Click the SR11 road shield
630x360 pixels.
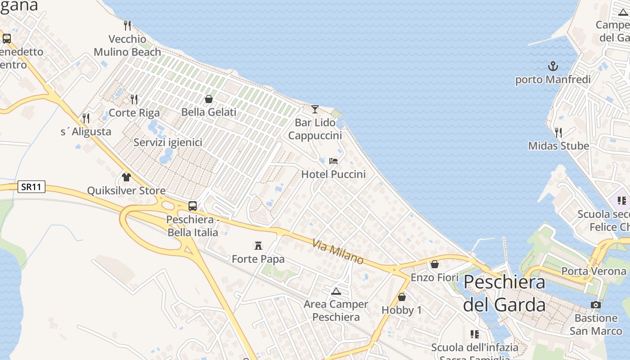(x=31, y=187)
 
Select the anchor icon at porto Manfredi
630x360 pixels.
(x=553, y=67)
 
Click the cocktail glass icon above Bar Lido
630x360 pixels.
(x=315, y=109)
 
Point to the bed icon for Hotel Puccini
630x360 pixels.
(x=333, y=161)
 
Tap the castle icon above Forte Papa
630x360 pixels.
(x=258, y=246)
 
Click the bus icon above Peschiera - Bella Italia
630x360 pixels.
(x=193, y=206)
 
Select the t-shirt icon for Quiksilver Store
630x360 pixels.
(x=126, y=177)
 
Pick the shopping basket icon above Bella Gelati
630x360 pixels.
(x=209, y=99)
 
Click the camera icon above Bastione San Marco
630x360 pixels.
(x=596, y=305)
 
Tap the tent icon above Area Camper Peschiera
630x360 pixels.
(x=336, y=291)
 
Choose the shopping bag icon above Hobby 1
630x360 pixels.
(x=402, y=297)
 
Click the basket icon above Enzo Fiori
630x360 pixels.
(x=435, y=264)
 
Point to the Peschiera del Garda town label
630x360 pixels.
(x=504, y=293)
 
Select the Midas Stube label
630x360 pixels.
(x=558, y=146)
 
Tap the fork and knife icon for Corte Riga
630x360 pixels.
(x=134, y=99)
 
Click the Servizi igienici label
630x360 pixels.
(x=168, y=143)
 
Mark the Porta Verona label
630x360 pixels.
(x=594, y=271)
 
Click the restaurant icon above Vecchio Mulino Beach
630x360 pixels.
(x=127, y=26)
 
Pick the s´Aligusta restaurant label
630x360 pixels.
(x=86, y=132)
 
